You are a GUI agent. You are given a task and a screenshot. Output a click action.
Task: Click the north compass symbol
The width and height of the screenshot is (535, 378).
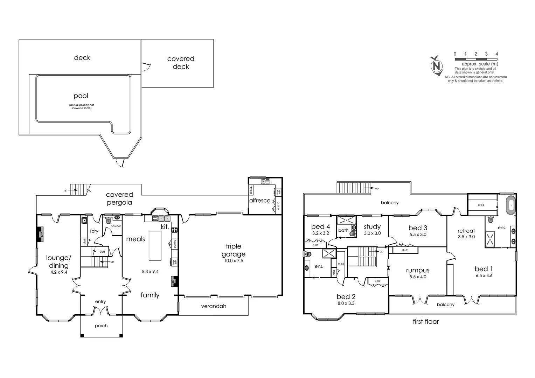click(436, 66)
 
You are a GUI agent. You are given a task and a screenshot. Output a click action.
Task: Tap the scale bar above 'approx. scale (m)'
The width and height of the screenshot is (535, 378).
click(476, 59)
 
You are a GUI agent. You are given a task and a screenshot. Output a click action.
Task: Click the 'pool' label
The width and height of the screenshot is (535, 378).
click(81, 96)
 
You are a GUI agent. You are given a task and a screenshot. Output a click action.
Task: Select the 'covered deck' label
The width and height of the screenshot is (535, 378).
click(181, 63)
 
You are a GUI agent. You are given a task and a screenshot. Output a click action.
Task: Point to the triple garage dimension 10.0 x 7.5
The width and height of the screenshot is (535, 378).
click(234, 261)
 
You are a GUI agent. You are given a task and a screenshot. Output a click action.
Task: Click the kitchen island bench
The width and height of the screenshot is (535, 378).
click(155, 245)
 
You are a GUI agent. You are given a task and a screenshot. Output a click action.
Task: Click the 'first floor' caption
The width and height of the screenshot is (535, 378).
click(426, 322)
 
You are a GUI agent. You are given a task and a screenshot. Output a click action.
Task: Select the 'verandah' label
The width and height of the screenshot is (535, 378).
click(214, 306)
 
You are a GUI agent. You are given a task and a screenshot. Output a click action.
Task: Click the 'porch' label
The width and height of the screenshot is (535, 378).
click(101, 326)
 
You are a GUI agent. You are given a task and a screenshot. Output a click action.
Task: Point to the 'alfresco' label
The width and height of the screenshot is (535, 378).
click(260, 201)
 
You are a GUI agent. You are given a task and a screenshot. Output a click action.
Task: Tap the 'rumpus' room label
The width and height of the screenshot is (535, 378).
click(418, 270)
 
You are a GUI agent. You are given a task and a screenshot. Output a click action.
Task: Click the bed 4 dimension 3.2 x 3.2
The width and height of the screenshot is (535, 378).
click(320, 233)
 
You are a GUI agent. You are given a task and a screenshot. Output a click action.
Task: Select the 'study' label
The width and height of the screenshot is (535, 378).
click(372, 227)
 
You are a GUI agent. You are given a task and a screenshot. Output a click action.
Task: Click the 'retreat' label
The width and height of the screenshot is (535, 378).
click(466, 231)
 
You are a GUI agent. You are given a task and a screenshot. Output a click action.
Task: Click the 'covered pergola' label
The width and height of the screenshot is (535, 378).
click(119, 198)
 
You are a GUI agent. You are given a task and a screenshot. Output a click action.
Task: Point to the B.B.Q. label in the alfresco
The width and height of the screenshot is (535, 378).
click(251, 190)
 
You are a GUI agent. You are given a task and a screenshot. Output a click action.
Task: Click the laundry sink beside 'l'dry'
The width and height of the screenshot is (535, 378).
click(84, 220)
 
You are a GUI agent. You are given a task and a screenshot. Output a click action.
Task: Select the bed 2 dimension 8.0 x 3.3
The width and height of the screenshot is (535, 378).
click(346, 303)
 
